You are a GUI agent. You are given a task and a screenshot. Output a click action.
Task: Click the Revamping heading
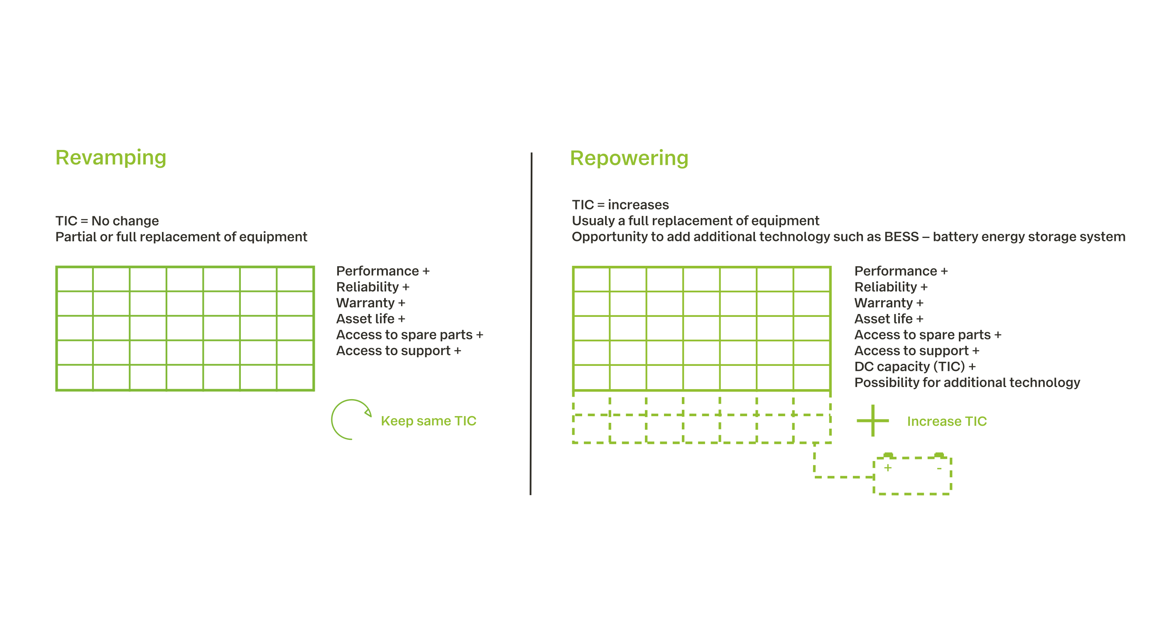[111, 158]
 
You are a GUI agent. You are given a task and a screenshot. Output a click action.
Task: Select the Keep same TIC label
[428, 421]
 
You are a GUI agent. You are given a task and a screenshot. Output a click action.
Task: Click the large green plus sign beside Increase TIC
[872, 420]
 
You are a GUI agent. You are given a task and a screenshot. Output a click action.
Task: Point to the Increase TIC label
[947, 421]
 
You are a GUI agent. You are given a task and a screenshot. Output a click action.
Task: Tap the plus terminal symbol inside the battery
[887, 468]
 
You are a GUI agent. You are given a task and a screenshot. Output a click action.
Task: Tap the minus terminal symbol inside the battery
[938, 468]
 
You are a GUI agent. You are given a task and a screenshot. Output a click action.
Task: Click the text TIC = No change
[107, 221]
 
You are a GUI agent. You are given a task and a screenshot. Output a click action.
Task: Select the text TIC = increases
[620, 205]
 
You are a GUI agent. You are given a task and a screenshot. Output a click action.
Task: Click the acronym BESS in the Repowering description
[901, 237]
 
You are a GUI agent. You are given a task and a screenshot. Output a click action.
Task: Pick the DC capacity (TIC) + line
[915, 367]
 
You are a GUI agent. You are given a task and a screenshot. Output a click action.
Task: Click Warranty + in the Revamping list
[371, 303]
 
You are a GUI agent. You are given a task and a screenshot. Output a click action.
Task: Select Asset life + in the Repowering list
[889, 319]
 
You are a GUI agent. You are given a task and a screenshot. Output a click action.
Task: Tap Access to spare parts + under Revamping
[409, 335]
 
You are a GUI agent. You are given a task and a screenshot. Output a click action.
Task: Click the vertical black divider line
[531, 324]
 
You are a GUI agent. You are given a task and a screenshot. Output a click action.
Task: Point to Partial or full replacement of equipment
[181, 237]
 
